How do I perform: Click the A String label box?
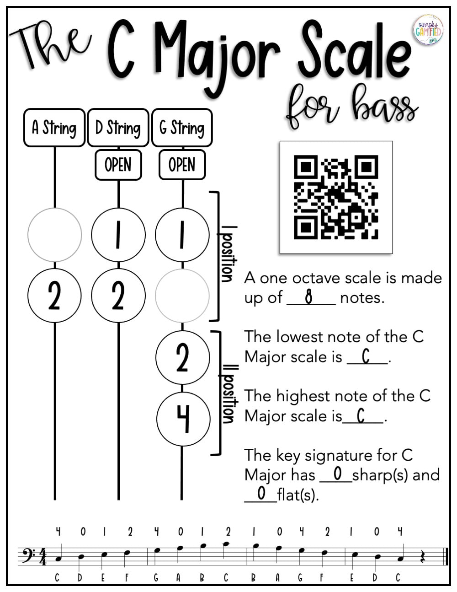[54, 128]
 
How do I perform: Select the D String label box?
[118, 128]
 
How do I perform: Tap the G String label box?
[182, 128]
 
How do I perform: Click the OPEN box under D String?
[118, 165]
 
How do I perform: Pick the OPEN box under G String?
[182, 165]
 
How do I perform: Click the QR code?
[336, 197]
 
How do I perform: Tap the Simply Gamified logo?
[428, 29]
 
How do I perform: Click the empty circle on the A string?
[55, 235]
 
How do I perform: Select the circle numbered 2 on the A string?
[55, 296]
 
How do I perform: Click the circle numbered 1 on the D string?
[118, 235]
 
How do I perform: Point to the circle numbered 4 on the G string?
[183, 419]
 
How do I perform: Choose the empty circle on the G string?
[182, 296]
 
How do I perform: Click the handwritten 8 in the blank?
[309, 297]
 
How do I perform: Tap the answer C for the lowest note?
[366, 356]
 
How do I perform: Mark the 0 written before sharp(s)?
[337, 474]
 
